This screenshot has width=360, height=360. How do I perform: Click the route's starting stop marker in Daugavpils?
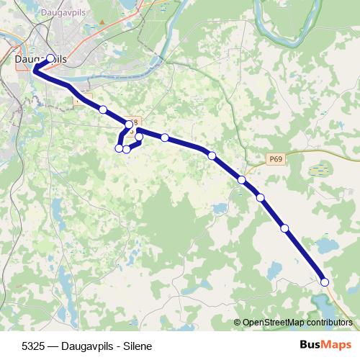50,59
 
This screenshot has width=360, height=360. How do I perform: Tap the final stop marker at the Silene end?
325,282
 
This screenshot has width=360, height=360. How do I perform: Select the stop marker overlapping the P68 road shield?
130,125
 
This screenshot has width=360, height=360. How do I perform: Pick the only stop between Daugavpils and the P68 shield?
103,109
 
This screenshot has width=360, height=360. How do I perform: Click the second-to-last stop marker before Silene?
284,228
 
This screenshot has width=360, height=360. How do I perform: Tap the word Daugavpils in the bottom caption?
87,346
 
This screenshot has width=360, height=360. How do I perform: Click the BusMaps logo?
325,345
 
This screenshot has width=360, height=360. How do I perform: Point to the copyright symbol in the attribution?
237,323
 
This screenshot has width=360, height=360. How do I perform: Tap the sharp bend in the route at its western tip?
34,70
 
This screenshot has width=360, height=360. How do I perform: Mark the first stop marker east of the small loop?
165,138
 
